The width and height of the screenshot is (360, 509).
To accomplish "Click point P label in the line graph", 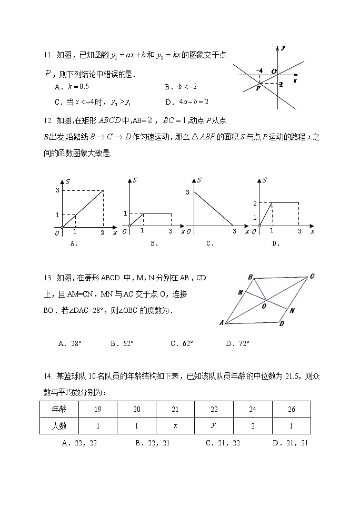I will [x=258, y=88].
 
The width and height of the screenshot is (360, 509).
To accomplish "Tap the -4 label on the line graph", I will [x=259, y=70].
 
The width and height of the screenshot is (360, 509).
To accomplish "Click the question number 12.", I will [x=47, y=120].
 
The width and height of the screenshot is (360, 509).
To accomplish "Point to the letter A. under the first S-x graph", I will [x=74, y=243].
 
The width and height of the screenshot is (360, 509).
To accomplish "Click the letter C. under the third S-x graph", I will [x=209, y=243].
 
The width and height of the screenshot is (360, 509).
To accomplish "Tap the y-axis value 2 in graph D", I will [x=255, y=203].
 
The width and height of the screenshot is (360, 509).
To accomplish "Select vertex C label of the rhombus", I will [x=312, y=276].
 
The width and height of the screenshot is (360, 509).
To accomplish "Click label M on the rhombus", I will [x=240, y=292].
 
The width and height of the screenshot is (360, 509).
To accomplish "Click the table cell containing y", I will [x=213, y=425].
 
